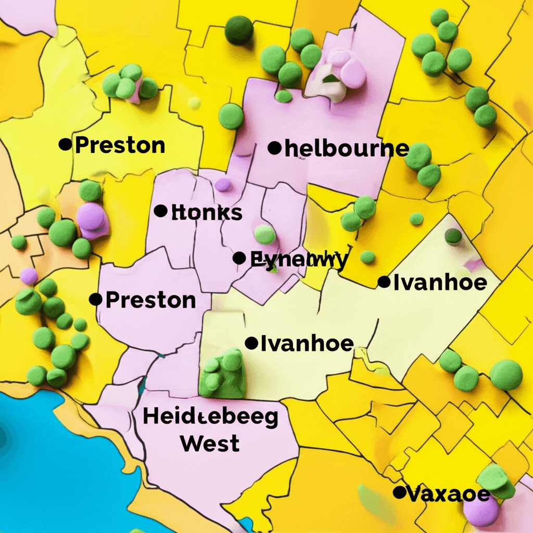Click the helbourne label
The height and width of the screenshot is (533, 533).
point(346,149)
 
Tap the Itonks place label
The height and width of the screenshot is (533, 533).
point(207,212)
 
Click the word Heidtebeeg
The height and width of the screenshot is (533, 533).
point(210,418)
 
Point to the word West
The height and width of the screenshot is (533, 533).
point(210,443)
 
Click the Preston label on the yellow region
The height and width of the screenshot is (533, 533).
point(120,145)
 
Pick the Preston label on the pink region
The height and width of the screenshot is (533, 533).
point(150,300)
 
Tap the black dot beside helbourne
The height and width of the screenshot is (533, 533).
point(274,148)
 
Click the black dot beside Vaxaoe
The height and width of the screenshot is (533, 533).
point(399,492)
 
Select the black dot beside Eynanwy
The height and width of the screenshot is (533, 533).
point(239,258)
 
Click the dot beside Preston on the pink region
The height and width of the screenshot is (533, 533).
point(95,299)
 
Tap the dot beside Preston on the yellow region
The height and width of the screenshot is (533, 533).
point(65,144)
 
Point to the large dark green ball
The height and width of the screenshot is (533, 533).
point(239,30)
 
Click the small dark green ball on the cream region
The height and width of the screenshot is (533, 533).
point(453,236)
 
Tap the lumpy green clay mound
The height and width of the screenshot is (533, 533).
point(223,373)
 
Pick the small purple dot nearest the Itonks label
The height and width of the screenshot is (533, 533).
point(223,185)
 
